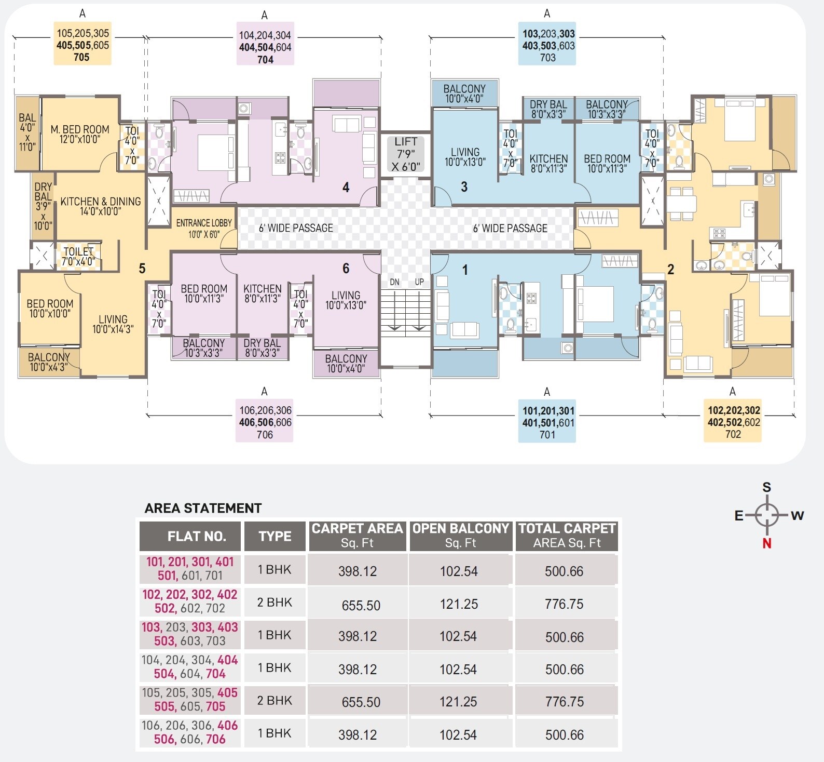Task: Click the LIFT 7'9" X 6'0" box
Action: click(x=405, y=154)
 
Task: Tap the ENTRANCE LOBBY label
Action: click(x=204, y=228)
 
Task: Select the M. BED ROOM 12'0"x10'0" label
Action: click(x=80, y=134)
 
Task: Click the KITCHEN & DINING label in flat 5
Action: click(x=100, y=206)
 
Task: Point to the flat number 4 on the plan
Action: click(x=346, y=188)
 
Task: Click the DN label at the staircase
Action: click(x=394, y=282)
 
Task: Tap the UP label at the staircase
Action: click(x=419, y=282)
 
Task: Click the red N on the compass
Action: click(x=766, y=543)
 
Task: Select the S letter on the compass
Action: click(x=766, y=487)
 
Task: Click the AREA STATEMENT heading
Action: click(x=203, y=508)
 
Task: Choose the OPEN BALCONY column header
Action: click(x=460, y=536)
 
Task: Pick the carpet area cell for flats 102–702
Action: click(x=361, y=605)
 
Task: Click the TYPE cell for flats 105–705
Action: click(x=274, y=700)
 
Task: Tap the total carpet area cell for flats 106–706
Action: click(x=565, y=734)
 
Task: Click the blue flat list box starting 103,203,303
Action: click(x=547, y=45)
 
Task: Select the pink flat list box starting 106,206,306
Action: click(x=265, y=422)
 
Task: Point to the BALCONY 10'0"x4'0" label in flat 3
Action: click(x=464, y=93)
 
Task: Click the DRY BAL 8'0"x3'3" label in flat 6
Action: click(x=262, y=348)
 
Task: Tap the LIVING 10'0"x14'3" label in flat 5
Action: click(x=113, y=324)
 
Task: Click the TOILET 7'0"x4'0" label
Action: click(x=79, y=257)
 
